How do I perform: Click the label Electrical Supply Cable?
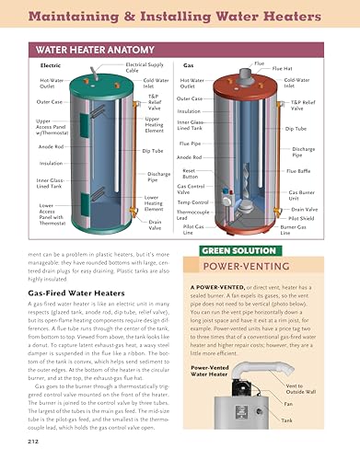[145, 65]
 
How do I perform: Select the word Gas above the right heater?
[189, 66]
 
